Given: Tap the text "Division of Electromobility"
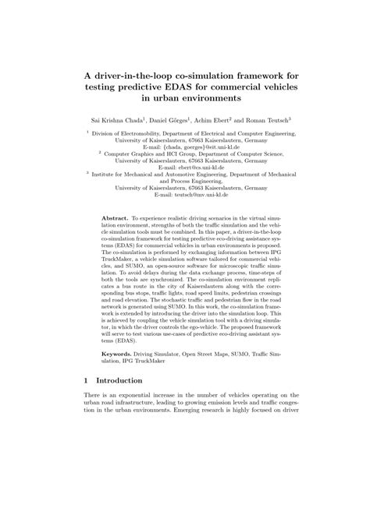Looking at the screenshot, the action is pos(127,132).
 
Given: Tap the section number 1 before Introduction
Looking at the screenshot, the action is pos(84,403).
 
